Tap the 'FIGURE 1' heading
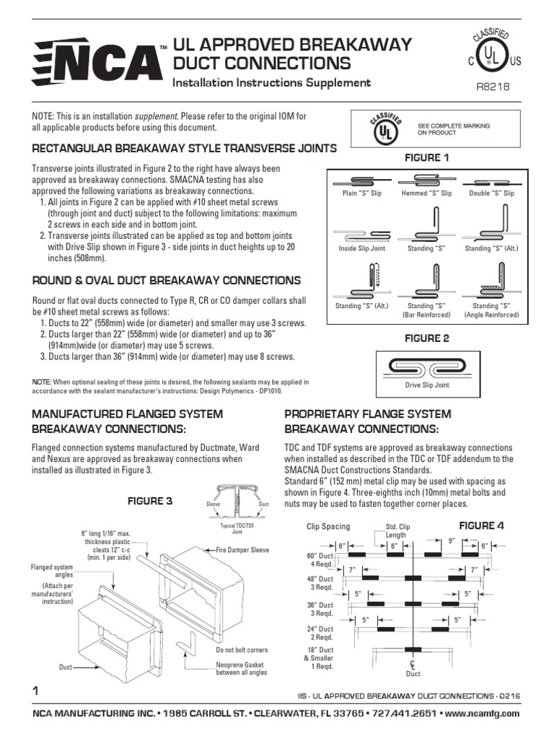pyautogui.click(x=426, y=157)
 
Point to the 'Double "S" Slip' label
pyautogui.click(x=491, y=194)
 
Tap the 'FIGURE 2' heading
pyautogui.click(x=426, y=338)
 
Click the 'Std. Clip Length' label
pyautogui.click(x=397, y=531)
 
